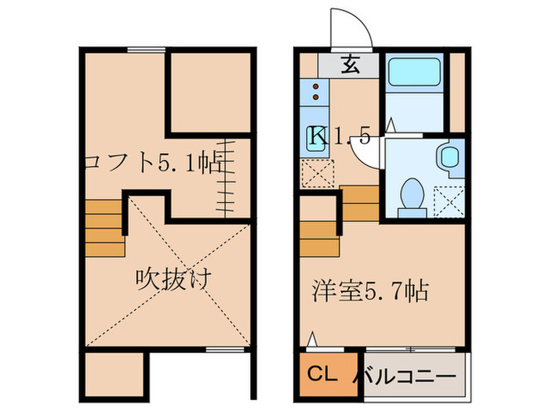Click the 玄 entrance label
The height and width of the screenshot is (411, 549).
(350, 66)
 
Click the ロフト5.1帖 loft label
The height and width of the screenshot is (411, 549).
(154, 164)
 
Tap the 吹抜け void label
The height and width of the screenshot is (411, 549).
(173, 278)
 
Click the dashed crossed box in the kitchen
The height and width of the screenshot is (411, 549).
(318, 174)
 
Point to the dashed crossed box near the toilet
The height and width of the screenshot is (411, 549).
(449, 202)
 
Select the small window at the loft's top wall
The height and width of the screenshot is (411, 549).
(147, 49)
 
